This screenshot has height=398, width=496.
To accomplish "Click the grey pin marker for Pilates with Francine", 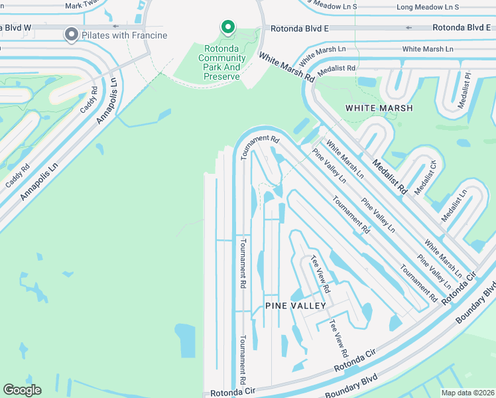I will tap(71, 34).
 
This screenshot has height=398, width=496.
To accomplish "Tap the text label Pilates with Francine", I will tap(124, 34).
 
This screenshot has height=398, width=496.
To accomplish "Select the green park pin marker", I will tap(227, 27).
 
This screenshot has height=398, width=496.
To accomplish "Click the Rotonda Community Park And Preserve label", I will tap(222, 67).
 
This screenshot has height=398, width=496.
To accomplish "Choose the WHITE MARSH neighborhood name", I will tap(379, 108).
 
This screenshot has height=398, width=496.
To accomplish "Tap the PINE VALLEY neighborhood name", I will tap(295, 306).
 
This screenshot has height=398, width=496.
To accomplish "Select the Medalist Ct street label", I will tap(426, 177).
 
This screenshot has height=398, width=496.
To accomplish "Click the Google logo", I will tap(22, 390).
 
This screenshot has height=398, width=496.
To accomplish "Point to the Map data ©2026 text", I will tap(467, 393).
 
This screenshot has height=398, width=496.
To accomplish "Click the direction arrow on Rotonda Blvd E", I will tap(408, 28).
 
